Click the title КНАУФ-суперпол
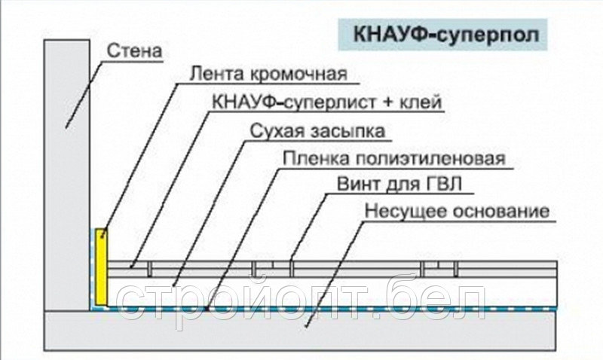point(446,35)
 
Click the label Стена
point(134,51)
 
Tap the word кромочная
point(298,75)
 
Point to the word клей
point(421,102)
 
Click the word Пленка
point(316,158)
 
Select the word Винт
point(359,185)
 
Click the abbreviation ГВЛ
point(444,185)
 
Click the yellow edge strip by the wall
point(101,267)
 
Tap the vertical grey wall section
point(67,175)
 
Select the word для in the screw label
point(403,185)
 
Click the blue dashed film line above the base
point(331,309)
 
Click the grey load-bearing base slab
point(300,330)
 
